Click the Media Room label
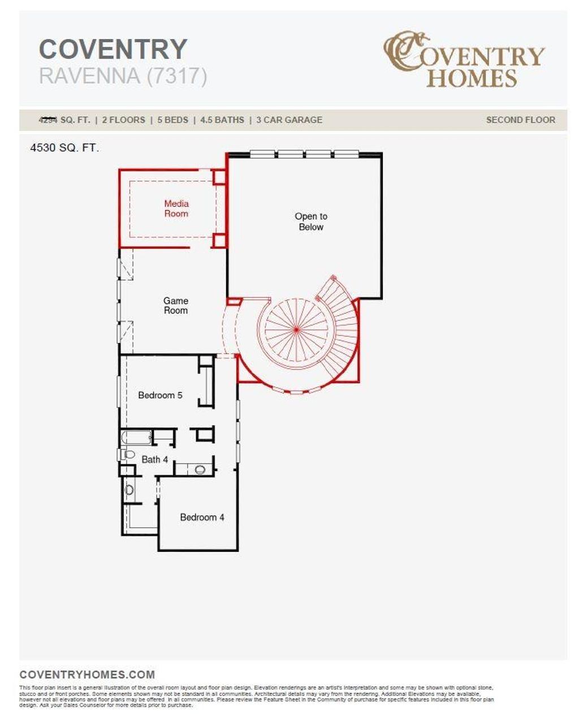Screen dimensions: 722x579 (176, 208)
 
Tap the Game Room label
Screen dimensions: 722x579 (175, 306)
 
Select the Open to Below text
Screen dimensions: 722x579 (311, 221)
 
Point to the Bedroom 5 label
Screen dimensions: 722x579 (160, 395)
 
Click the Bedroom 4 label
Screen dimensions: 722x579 (202, 517)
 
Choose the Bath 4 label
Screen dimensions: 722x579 (154, 460)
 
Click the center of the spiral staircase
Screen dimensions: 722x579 (296, 329)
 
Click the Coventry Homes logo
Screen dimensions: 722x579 (464, 59)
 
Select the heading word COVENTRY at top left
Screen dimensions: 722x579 (113, 49)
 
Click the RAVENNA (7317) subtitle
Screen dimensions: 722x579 (123, 76)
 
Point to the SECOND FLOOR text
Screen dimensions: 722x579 (520, 120)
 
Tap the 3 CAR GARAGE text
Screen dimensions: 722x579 (289, 120)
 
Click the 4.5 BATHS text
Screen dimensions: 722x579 (222, 120)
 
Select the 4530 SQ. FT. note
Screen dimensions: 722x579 (64, 149)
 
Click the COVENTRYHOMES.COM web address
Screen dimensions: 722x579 (87, 675)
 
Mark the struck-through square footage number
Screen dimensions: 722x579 (48, 120)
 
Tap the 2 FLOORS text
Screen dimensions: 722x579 (123, 120)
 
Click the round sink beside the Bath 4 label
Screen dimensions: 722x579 (200, 469)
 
